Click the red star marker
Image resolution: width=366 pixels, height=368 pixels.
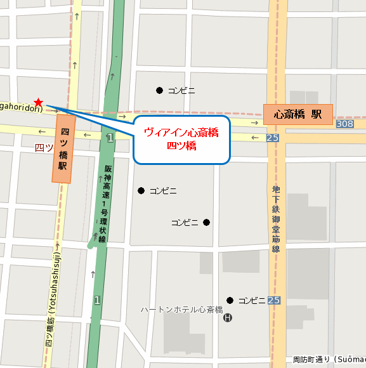39,102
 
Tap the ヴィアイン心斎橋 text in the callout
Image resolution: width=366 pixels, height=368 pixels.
181,133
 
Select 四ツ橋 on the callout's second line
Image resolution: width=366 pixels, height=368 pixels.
181,146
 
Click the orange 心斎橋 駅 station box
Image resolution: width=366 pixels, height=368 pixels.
298,115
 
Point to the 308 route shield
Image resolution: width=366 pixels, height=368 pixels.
345,124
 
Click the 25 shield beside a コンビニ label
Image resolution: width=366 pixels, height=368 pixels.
273,300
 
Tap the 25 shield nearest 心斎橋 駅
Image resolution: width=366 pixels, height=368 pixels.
273,138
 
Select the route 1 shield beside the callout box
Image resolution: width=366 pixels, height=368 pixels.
110,138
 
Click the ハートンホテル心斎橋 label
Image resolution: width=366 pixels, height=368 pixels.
181,310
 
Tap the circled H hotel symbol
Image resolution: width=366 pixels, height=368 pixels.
228,317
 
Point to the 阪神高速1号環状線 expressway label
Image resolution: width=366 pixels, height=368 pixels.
108,204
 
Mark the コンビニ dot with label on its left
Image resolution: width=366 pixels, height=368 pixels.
206,222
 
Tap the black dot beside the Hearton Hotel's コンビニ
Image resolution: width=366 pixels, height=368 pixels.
230,300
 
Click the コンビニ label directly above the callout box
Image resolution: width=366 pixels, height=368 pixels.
181,91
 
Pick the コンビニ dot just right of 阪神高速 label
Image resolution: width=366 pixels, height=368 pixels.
141,190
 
